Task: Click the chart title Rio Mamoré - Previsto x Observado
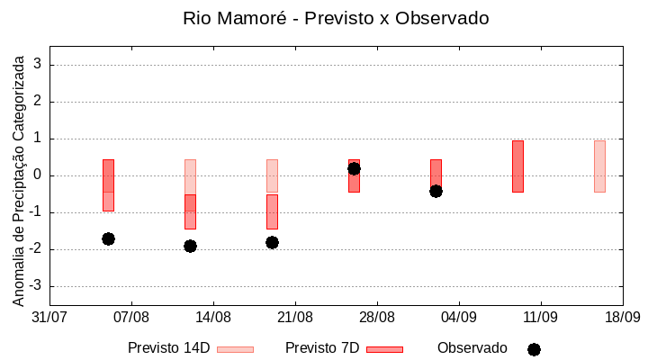tap(336, 18)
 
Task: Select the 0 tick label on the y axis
tap(39, 175)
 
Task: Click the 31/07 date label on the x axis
tap(49, 318)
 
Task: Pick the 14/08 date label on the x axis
tap(213, 318)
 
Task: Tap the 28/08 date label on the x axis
tap(377, 318)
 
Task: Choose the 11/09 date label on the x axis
tap(541, 318)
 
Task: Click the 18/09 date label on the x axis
tap(622, 318)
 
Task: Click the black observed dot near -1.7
tap(108, 238)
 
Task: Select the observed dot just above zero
tap(354, 168)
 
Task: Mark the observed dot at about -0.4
tap(436, 191)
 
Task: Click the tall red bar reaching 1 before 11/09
tap(517, 166)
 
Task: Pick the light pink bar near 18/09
tap(599, 166)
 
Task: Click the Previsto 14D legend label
tap(168, 348)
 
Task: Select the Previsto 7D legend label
tap(322, 348)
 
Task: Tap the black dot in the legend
tap(534, 349)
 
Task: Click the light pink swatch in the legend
tap(235, 349)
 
